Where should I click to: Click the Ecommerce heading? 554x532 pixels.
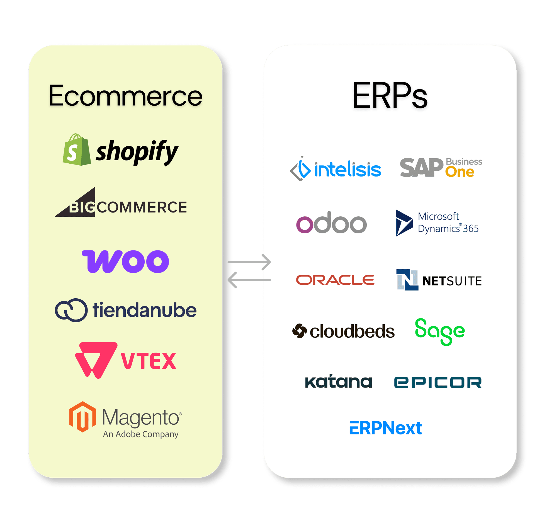point(125,96)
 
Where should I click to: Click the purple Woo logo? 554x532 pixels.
point(125,261)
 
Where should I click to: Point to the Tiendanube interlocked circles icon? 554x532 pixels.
point(71,310)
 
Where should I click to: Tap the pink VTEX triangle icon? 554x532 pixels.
point(95,359)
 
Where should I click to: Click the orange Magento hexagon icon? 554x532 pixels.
point(82,417)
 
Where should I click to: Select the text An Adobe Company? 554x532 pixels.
point(140,434)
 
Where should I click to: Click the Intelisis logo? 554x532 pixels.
point(336,169)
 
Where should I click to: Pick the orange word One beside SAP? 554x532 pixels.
point(460,172)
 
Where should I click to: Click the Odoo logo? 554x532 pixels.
point(331,223)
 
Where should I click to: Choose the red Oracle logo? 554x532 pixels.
point(335,280)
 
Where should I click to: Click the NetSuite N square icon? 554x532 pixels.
point(407,280)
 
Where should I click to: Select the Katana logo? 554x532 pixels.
point(338,382)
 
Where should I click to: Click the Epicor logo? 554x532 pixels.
point(438,382)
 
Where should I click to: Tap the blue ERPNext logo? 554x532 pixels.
point(385,428)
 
